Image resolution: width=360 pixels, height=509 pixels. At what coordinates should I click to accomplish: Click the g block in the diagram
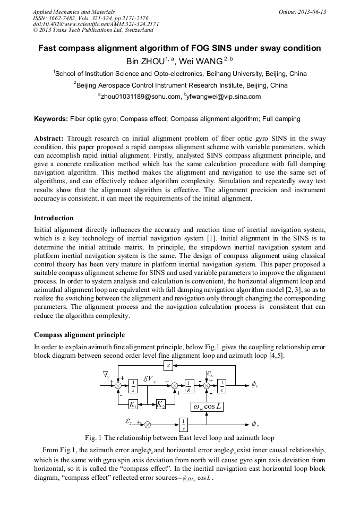(x=168, y=366)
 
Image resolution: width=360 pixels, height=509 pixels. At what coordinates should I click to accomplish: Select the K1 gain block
(x=134, y=404)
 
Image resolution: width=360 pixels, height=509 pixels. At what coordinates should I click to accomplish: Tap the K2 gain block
(x=160, y=404)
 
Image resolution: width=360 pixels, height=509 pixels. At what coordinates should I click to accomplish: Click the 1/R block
(x=188, y=386)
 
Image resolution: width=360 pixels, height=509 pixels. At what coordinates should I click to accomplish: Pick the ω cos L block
(x=207, y=407)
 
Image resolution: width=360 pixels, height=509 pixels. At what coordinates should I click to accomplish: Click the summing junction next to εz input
(x=148, y=424)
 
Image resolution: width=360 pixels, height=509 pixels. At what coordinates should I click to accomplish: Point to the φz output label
(x=255, y=424)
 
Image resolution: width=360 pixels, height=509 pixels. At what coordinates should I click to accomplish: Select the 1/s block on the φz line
(x=183, y=424)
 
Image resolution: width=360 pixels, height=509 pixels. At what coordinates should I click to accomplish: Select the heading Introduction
(x=54, y=218)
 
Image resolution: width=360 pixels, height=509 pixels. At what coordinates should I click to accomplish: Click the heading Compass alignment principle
(x=79, y=335)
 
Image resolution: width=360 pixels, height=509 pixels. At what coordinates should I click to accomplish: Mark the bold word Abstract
(x=49, y=138)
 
